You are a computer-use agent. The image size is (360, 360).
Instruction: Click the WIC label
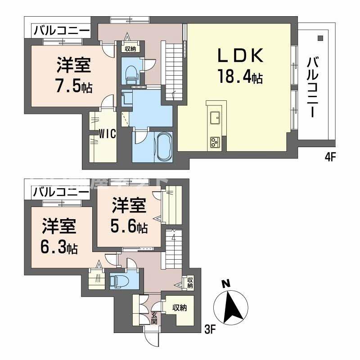coord(108,134)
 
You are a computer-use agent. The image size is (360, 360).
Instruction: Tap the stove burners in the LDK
coord(214,142)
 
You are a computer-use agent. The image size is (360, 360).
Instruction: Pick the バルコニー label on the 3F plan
coord(60,192)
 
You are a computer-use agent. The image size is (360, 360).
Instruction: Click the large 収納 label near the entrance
coord(180,308)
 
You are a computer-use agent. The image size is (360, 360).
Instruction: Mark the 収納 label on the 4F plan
coord(130,49)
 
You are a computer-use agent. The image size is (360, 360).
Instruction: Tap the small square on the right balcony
coord(320,38)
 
